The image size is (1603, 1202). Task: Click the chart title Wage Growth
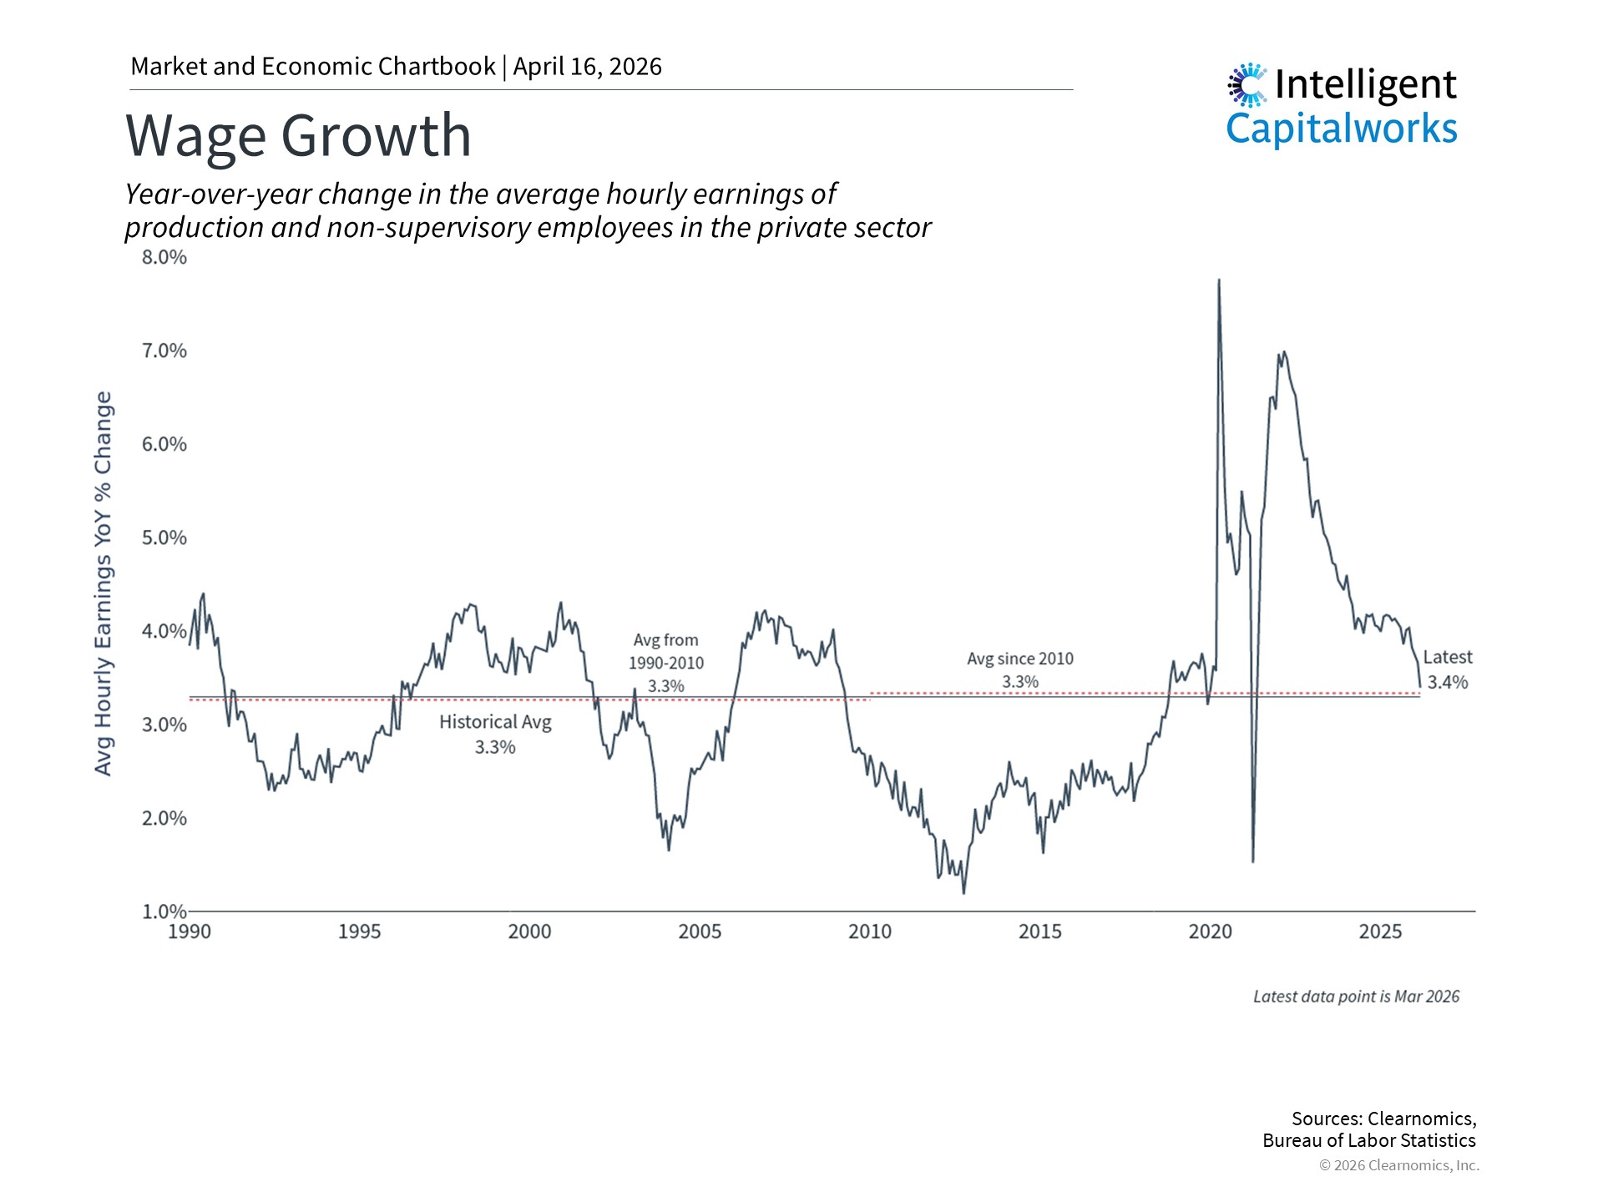(x=298, y=135)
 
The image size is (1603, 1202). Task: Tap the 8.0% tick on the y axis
(x=164, y=257)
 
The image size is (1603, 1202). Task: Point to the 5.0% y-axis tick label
(x=164, y=538)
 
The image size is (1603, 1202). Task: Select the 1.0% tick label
(x=164, y=912)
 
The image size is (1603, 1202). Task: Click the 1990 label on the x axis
(x=190, y=932)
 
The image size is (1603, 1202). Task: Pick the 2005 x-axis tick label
(x=700, y=932)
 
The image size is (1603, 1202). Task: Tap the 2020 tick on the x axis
(x=1210, y=932)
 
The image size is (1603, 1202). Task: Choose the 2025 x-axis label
(x=1380, y=932)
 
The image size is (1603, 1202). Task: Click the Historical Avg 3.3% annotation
(x=495, y=734)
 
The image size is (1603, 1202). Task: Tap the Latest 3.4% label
(x=1447, y=669)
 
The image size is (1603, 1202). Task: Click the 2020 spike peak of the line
(x=1219, y=280)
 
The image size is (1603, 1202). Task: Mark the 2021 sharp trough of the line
(x=1253, y=861)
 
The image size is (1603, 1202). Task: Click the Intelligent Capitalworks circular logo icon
(x=1247, y=84)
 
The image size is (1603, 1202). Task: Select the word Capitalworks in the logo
(x=1341, y=129)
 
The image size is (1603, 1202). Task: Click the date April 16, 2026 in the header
(x=587, y=67)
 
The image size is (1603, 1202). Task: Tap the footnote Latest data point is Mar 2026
(x=1356, y=997)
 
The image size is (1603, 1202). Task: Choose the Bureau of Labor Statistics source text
(x=1368, y=1140)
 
